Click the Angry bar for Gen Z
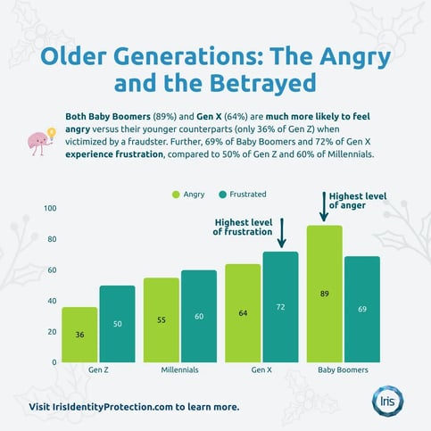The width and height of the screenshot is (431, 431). tap(79, 334)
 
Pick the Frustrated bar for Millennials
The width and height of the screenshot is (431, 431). tap(199, 316)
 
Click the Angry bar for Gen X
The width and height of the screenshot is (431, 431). tap(243, 312)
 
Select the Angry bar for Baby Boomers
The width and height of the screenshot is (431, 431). tap(325, 294)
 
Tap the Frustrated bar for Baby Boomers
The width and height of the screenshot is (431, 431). tap(362, 309)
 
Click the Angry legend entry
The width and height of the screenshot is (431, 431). tap(187, 194)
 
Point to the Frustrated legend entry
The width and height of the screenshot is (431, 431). tap(241, 194)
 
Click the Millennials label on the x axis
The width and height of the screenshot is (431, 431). tap(179, 369)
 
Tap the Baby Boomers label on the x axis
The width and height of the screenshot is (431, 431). tap(344, 369)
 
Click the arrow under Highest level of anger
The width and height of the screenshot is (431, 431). tap(322, 209)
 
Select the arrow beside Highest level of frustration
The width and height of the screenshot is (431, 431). tap(281, 234)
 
